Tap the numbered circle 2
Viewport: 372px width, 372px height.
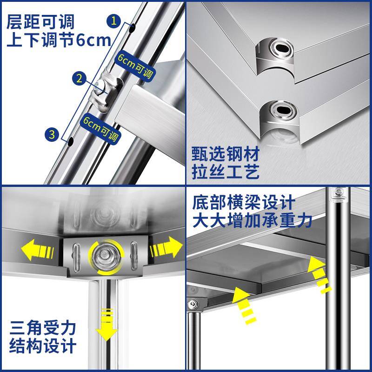79,78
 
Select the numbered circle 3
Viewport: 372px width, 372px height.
52,135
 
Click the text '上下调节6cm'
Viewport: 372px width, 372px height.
59,40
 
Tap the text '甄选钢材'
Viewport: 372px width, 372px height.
225,153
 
